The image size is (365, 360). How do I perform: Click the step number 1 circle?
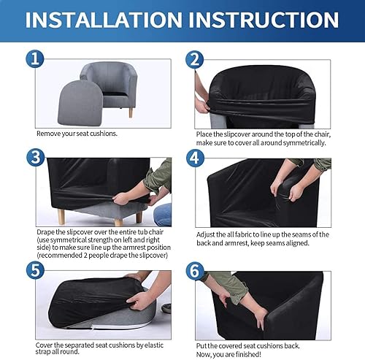tap(35, 59)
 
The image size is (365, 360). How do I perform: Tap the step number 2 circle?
tap(195, 60)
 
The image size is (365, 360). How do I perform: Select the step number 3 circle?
tap(36, 157)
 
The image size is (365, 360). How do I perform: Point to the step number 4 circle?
tap(195, 158)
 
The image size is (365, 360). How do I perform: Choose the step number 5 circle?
tap(36, 270)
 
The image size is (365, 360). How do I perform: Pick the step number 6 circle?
tap(195, 271)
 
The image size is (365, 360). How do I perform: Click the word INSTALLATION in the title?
tap(104, 20)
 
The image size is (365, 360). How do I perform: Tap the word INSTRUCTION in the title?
tap(264, 20)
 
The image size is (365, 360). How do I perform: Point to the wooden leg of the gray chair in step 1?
tap(131, 112)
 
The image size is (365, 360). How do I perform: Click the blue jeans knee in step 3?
tap(162, 215)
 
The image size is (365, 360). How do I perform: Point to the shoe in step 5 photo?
tap(166, 308)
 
